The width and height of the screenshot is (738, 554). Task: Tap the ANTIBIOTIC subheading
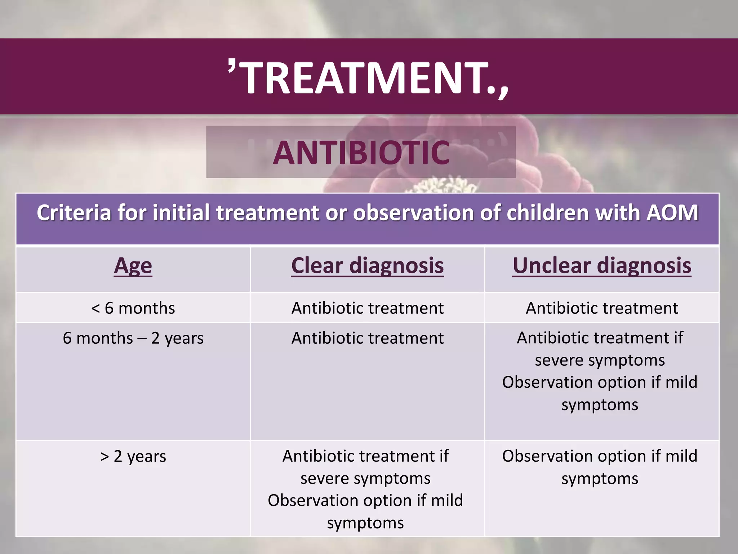tap(361, 153)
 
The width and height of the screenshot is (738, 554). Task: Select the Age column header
tap(133, 266)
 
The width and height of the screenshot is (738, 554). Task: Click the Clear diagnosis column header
tap(367, 266)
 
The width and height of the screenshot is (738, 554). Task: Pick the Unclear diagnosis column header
tap(602, 266)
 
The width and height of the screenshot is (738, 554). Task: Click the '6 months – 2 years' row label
tap(133, 338)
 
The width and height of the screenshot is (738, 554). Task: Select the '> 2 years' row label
tap(133, 456)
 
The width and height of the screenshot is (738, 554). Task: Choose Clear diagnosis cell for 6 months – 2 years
tap(367, 338)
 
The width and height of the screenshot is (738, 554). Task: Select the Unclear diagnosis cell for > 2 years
tap(600, 467)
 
